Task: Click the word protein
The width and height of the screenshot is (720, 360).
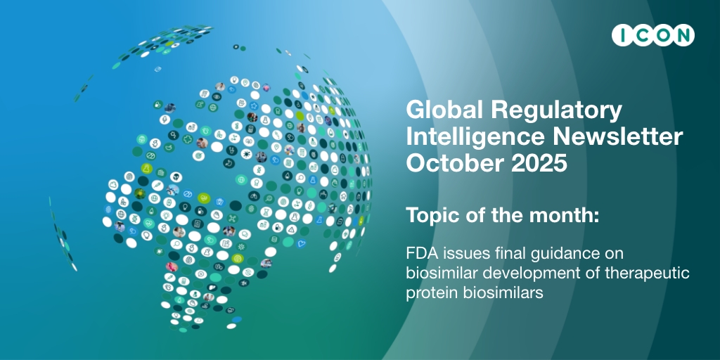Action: point(427,294)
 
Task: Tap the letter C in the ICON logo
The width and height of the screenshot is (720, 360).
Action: point(638,35)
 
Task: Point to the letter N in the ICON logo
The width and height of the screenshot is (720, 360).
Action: point(681,35)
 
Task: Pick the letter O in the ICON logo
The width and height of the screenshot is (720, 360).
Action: point(660,35)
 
